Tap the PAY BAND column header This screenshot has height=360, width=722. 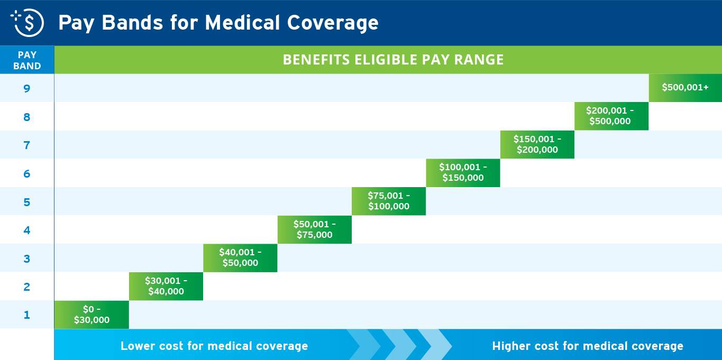coord(27,60)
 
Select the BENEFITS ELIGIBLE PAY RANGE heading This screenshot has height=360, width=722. coord(393,60)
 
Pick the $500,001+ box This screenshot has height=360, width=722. coord(685,88)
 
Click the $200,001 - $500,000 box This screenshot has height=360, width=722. coord(611,116)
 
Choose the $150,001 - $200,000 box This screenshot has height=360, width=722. coord(537,144)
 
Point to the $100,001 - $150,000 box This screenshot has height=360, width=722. coord(463,172)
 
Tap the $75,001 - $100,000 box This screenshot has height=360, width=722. coord(389,201)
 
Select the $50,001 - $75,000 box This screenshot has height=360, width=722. coord(314,229)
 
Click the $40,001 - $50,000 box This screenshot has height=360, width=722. coord(240,257)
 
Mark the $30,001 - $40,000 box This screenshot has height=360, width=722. coord(166,286)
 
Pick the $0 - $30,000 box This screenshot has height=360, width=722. coord(92,315)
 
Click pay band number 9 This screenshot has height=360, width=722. coord(27,88)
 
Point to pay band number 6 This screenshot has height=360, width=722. coord(27,173)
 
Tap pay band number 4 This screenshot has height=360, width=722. coord(27,230)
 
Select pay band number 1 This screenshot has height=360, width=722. coord(27,315)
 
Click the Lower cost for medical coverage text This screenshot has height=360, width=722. coord(214,346)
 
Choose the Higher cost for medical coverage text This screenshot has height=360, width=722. coord(587,346)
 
